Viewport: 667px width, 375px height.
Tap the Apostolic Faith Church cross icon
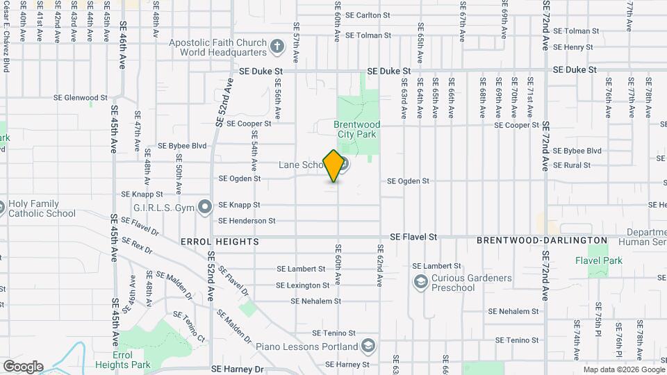pyautogui.click(x=277, y=47)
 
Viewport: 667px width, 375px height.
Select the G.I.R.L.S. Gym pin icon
pyautogui.click(x=205, y=207)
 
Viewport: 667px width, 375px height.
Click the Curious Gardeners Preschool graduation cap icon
pyautogui.click(x=420, y=282)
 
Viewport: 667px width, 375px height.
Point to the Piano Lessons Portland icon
pyautogui.click(x=368, y=346)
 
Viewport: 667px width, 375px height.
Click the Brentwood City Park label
pyautogui.click(x=356, y=129)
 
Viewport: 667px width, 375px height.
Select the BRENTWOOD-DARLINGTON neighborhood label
pyautogui.click(x=542, y=240)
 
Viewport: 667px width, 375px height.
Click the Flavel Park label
pyautogui.click(x=598, y=260)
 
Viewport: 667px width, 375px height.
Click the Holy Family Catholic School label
pyautogui.click(x=42, y=209)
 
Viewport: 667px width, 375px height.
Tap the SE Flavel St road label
pyautogui.click(x=413, y=237)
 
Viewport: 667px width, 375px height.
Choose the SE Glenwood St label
pyautogui.click(x=81, y=98)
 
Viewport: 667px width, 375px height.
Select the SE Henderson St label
pyautogui.click(x=247, y=221)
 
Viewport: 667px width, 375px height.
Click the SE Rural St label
pyautogui.click(x=572, y=165)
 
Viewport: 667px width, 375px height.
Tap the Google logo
pyautogui.click(x=23, y=367)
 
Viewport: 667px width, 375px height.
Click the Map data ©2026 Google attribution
pyautogui.click(x=623, y=369)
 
